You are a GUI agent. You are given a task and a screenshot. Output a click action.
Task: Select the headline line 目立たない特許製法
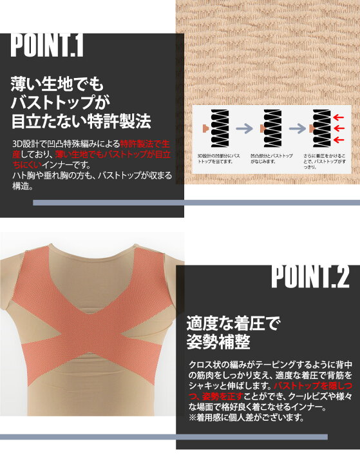(81, 121)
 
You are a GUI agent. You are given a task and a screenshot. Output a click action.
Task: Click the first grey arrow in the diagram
(244, 128)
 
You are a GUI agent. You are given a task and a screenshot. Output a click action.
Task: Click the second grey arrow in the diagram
(298, 128)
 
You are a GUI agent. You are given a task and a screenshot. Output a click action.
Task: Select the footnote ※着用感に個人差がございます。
(245, 418)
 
